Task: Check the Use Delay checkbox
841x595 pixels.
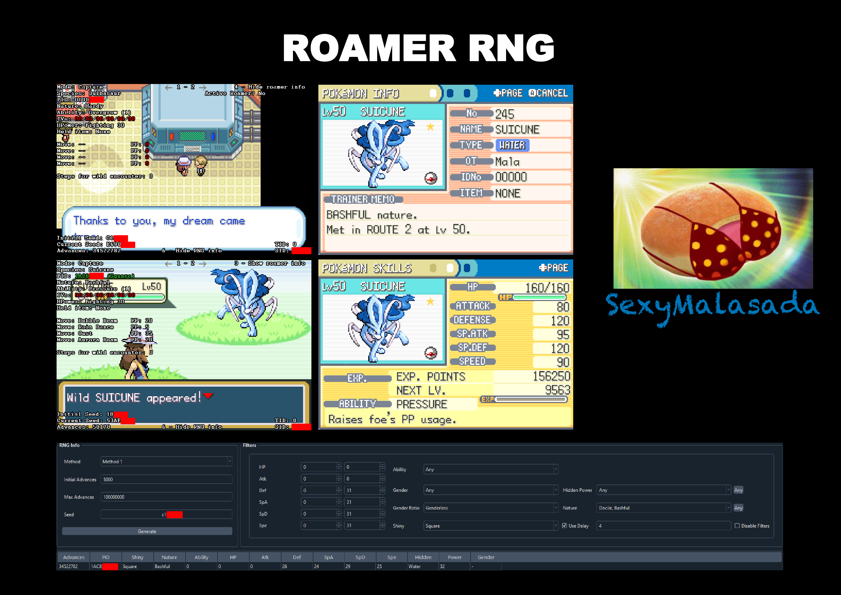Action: (564, 525)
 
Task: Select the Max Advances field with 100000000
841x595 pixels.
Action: (166, 497)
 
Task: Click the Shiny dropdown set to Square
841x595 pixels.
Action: (491, 525)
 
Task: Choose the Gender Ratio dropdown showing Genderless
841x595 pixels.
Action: (491, 508)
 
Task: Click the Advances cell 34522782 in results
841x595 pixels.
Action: (69, 566)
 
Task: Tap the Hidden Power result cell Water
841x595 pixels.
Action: (415, 566)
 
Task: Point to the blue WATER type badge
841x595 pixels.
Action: (512, 145)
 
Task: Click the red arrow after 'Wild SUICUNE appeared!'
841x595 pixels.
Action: (208, 396)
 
